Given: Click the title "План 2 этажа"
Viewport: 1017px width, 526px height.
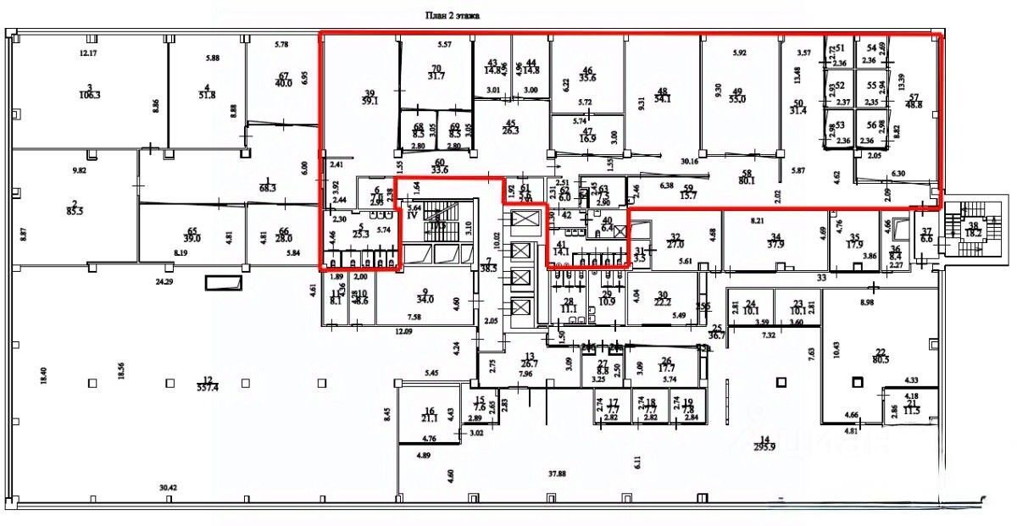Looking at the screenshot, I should click(453, 14).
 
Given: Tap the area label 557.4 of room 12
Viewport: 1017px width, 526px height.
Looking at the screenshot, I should click(206, 387).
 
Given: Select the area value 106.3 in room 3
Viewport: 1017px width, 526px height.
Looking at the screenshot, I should click(87, 96).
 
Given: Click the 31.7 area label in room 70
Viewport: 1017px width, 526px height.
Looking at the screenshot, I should click(436, 76).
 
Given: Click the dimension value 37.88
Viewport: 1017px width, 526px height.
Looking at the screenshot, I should click(557, 473).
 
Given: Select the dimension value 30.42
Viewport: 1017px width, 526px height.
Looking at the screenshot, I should click(169, 487).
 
